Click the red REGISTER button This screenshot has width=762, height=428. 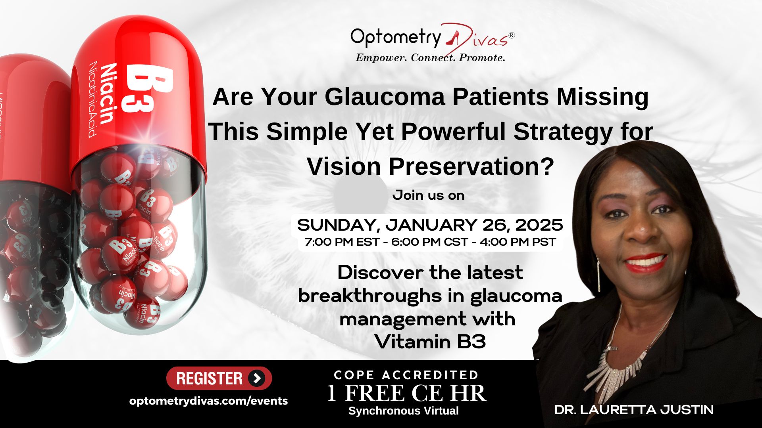tap(219, 378)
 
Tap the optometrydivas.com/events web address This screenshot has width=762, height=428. tap(208, 401)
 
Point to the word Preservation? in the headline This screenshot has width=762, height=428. tap(471, 166)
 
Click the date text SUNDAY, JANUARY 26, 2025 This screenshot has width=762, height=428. tap(430, 225)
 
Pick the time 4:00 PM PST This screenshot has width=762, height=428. tap(518, 242)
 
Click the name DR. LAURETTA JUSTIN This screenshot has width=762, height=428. tap(634, 410)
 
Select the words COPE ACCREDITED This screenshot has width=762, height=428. tap(406, 375)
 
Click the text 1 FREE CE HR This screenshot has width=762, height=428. tap(406, 393)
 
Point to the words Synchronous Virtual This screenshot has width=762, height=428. tap(404, 411)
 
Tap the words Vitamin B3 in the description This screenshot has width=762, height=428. tap(430, 342)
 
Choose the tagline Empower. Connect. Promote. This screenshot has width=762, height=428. tap(430, 58)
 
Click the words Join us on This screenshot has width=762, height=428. tap(428, 195)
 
